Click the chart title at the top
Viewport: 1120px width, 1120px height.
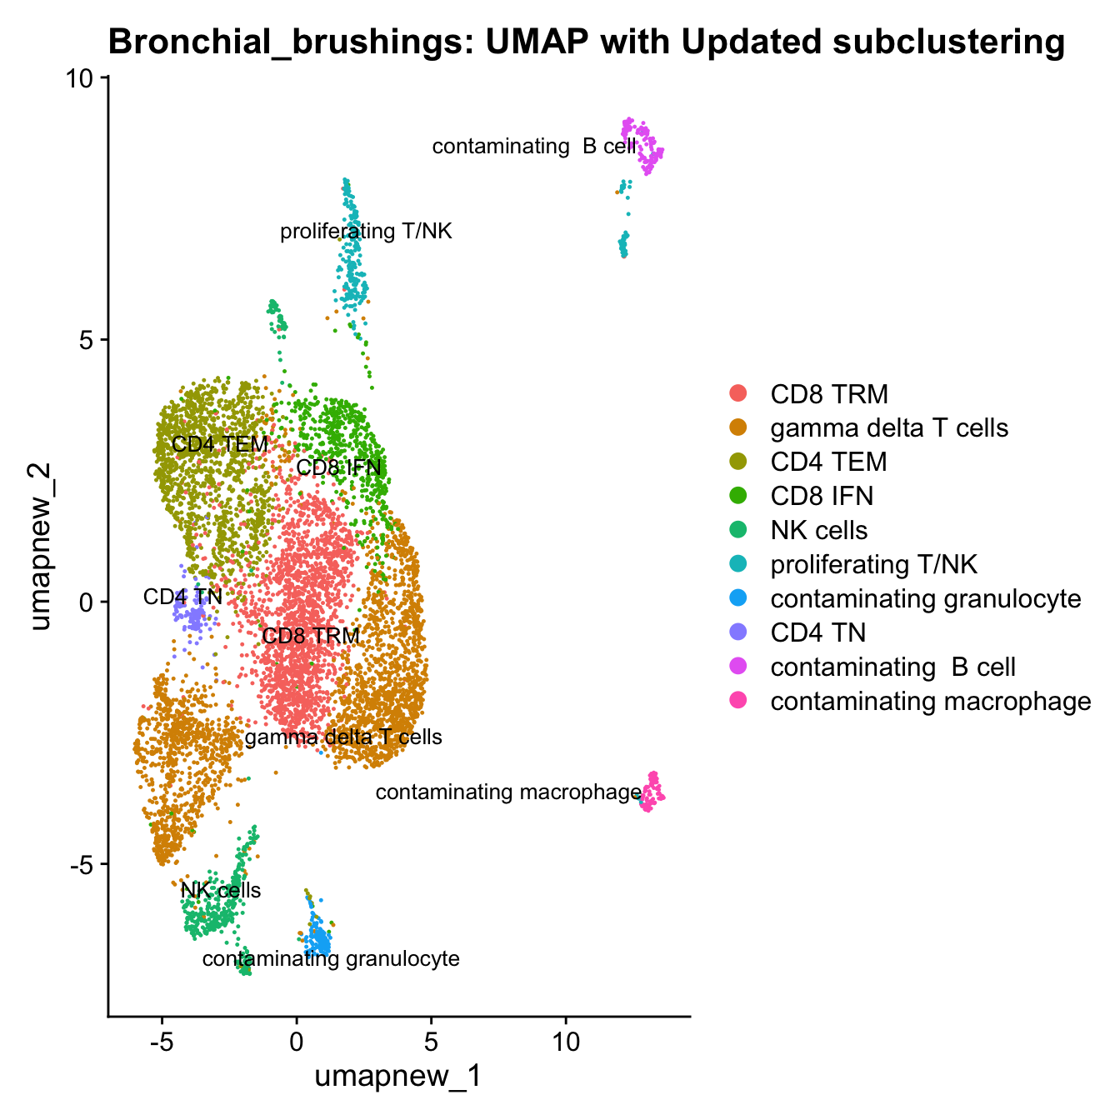point(586,42)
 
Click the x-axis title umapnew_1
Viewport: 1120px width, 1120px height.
point(398,1076)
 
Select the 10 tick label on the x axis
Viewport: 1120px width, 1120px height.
point(566,1042)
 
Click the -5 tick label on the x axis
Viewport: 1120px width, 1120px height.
point(162,1042)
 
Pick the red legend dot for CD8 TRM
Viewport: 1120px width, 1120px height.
point(738,392)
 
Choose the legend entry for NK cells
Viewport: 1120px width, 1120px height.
point(818,530)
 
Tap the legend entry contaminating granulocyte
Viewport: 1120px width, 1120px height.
point(925,598)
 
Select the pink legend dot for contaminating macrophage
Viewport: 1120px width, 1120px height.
point(738,701)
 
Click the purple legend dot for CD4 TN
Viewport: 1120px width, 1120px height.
point(738,632)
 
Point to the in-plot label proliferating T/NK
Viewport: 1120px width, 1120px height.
point(366,231)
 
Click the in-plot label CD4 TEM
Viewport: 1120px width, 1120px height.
point(219,443)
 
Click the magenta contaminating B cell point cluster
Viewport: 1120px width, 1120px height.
point(642,142)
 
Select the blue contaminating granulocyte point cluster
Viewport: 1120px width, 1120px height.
point(317,938)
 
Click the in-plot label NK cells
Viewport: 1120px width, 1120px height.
point(221,890)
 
